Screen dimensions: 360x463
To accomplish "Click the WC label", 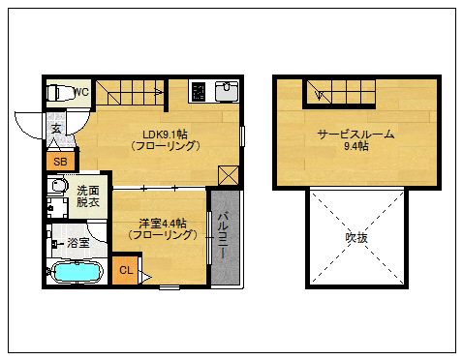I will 81,92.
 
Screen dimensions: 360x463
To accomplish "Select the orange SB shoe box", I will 60,162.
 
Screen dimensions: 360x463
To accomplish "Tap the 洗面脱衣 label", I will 88,196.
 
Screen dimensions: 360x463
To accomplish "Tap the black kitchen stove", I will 199,92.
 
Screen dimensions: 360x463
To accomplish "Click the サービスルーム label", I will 355,135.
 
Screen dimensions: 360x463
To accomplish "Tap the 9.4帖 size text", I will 355,147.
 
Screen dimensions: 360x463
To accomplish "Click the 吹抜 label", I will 355,237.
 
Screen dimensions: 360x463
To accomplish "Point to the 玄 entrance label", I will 56,128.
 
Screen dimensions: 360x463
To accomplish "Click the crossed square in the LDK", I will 229,175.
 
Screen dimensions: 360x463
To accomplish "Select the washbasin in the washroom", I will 58,187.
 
